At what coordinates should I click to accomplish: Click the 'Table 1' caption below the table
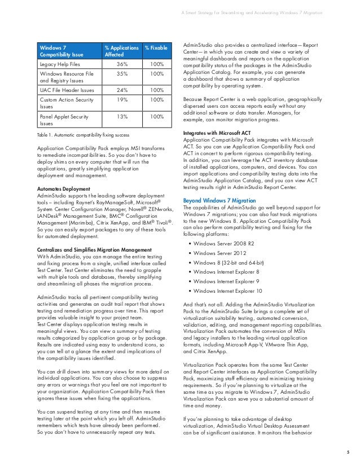click(x=80, y=137)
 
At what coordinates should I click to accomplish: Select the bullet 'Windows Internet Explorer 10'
click(x=227, y=291)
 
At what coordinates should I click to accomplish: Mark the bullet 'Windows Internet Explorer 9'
click(x=226, y=282)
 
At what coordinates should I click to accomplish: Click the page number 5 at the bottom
click(x=349, y=451)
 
